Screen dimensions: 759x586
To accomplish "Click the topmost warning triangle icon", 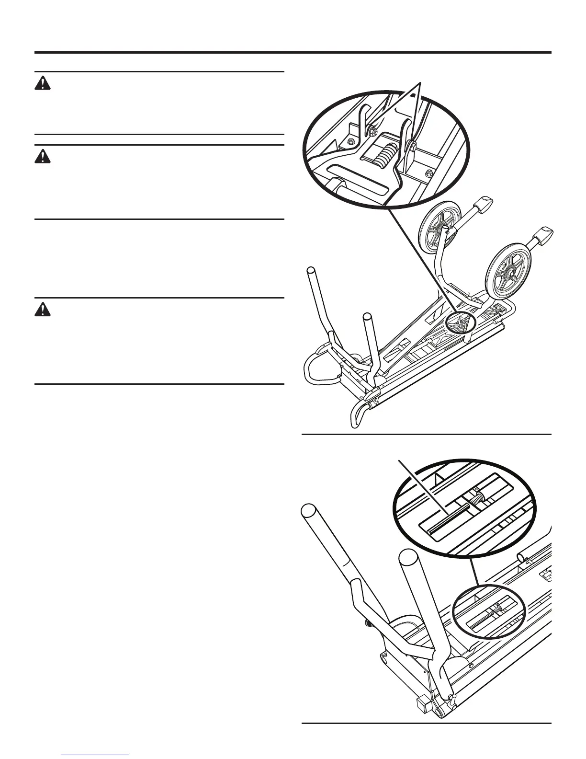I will (x=43, y=84).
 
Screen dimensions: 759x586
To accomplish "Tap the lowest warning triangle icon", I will (x=43, y=310).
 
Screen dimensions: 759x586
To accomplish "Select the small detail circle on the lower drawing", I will (x=489, y=614).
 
